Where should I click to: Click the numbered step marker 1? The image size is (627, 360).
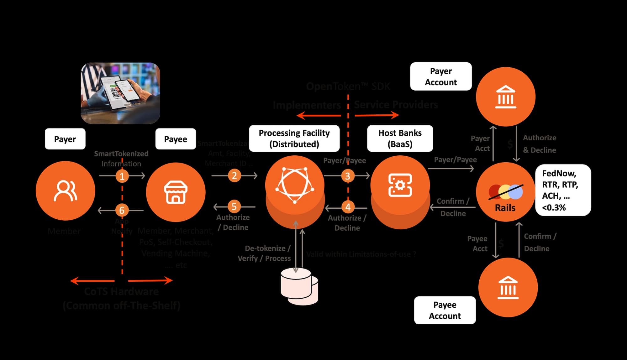coord(122,176)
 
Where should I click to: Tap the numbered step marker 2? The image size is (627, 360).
coord(234,176)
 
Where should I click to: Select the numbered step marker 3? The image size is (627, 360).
coord(347,176)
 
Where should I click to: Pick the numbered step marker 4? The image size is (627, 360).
coord(348,207)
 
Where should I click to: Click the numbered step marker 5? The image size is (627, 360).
coord(234,206)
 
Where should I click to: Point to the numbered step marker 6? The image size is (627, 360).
coord(122,210)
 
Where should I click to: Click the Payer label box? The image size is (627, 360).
coord(65,139)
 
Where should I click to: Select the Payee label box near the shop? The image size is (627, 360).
coord(176,139)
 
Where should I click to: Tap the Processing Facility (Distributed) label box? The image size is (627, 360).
coord(294,138)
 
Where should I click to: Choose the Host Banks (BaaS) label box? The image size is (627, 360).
coord(400,138)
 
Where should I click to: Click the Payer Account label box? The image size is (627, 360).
coord(441,76)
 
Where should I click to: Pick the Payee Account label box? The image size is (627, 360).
coord(445,310)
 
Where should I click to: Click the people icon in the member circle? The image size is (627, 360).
coord(65,190)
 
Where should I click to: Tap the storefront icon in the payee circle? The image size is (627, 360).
coord(176,192)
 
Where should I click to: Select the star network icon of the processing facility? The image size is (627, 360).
coord(294,185)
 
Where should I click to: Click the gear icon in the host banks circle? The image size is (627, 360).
coord(400,185)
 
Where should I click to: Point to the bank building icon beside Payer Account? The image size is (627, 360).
coord(505,97)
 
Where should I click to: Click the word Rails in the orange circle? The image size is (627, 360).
coord(505,208)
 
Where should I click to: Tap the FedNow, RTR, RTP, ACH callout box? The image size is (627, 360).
coord(563,190)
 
